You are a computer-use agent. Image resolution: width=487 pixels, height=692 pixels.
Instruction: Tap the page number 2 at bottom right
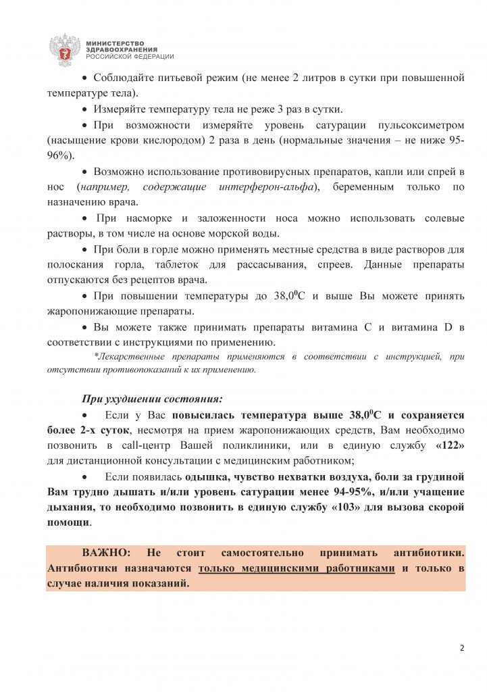pos(462,647)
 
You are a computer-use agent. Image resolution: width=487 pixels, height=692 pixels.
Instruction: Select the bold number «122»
pos(451,446)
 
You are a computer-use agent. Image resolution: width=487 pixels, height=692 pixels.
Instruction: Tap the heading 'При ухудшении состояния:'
pos(152,398)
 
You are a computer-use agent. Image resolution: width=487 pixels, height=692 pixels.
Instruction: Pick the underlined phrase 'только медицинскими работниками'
pos(297,569)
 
